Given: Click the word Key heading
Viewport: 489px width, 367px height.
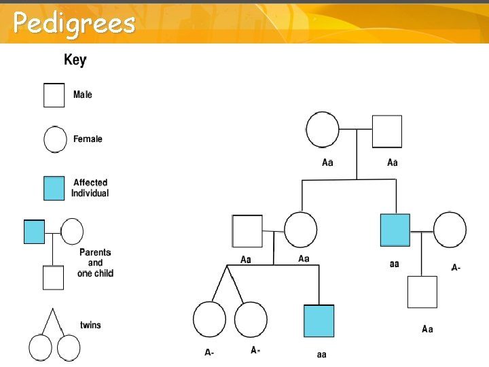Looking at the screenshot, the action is point(75,60).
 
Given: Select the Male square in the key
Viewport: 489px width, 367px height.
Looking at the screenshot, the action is point(54,95).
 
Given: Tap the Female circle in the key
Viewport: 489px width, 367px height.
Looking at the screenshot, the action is point(54,139).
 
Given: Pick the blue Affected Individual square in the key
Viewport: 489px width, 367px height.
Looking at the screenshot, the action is point(54,188).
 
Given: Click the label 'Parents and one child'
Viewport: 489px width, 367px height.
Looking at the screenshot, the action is point(96,262).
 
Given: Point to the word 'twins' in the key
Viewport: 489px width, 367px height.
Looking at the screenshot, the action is point(90,325).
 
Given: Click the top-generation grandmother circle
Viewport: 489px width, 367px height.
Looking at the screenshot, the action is point(323,130).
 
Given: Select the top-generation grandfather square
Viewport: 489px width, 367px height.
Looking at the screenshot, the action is point(386,131).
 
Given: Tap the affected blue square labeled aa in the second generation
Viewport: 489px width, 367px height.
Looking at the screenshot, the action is point(395,230).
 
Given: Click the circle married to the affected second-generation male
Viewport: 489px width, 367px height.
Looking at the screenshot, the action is point(450,230).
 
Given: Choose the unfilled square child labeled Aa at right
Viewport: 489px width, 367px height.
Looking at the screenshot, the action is point(422,292).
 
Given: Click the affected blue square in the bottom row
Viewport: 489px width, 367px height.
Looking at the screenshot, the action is point(319,321).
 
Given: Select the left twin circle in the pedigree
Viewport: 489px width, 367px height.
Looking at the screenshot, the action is point(209,319).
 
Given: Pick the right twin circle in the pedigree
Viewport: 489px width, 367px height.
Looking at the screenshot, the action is point(251,319).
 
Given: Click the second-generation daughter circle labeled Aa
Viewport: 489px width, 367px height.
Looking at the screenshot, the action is point(300,230).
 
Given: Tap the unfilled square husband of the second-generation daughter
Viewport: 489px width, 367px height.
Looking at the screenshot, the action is point(247,231).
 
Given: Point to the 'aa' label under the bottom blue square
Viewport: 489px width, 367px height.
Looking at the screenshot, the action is point(321,354).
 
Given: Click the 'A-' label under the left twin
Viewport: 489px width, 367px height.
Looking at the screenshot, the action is point(210,352).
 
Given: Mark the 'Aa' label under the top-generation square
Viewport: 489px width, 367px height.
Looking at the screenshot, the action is point(392,162).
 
